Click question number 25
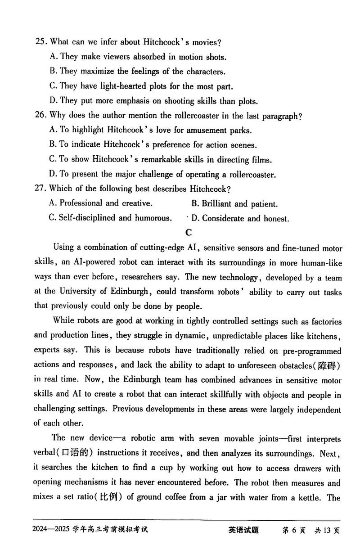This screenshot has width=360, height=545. click(40, 42)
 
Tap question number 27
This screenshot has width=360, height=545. click(40, 189)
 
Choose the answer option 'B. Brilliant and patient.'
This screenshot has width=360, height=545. click(234, 203)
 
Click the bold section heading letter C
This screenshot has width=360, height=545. click(188, 232)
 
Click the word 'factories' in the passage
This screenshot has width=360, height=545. click(322, 322)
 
